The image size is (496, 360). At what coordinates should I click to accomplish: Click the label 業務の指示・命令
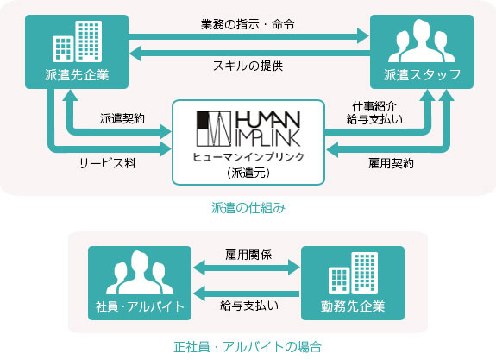[248, 24]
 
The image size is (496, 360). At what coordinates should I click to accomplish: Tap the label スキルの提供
[248, 66]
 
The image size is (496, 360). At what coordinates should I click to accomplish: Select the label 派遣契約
[122, 118]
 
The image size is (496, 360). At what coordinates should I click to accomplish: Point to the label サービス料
[107, 163]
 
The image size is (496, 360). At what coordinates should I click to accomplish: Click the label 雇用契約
[391, 163]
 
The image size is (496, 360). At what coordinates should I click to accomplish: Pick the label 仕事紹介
[374, 106]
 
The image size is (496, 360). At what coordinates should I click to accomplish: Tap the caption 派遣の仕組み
[248, 208]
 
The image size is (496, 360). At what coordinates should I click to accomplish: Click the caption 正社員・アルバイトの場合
[248, 347]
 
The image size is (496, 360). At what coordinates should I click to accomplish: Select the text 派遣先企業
[77, 75]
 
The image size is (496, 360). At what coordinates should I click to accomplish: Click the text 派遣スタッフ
[422, 75]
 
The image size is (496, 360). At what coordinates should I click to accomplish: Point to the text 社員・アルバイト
[140, 306]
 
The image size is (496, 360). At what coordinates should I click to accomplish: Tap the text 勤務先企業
[353, 306]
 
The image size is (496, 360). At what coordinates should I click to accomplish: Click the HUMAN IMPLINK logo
[248, 129]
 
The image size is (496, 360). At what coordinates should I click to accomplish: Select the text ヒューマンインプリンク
[248, 157]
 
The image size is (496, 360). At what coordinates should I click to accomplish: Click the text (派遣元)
[248, 173]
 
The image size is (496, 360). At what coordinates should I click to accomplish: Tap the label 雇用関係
[248, 255]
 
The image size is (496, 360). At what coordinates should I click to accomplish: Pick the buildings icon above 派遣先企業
[77, 41]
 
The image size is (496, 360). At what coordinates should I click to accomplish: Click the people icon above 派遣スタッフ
[422, 41]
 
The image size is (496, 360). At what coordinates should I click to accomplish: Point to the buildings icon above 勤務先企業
[353, 273]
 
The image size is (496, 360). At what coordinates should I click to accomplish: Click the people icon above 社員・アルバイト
[140, 272]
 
